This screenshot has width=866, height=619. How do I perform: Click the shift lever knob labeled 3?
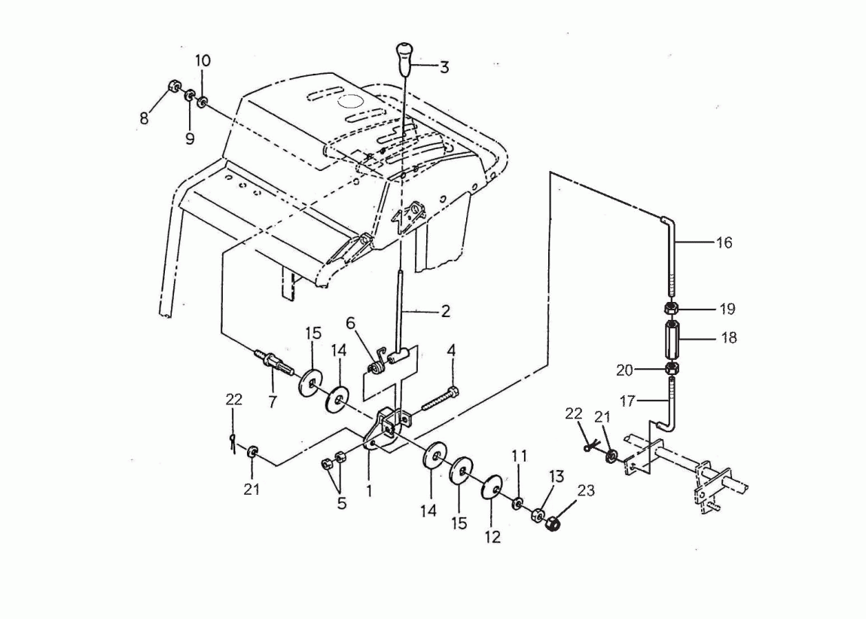click(404, 59)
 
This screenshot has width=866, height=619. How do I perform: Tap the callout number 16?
click(724, 242)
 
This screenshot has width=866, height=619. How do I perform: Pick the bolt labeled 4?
click(439, 401)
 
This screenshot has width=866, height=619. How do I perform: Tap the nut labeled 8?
click(174, 87)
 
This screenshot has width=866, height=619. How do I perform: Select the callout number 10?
click(203, 60)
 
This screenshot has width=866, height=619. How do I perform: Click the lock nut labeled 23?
click(553, 523)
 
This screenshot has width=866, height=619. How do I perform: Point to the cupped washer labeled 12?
click(492, 486)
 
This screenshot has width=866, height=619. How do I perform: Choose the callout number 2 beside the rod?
click(446, 311)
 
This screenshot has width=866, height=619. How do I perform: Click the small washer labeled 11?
click(518, 503)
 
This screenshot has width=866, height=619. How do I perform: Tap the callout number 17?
click(627, 400)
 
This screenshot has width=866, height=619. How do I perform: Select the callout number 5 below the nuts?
click(342, 503)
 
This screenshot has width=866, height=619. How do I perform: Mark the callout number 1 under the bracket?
click(369, 490)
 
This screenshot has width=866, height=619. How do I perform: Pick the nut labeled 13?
click(536, 517)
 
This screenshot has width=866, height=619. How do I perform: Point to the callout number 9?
click(190, 139)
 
